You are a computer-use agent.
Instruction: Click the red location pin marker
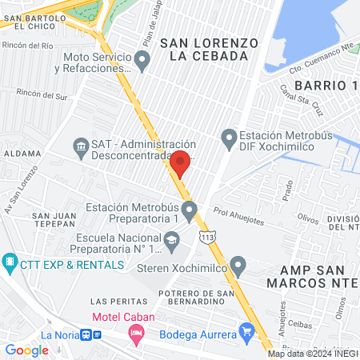pos(180,162)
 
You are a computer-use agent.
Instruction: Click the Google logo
pos(26,350)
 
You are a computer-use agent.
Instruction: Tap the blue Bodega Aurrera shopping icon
pos(246,331)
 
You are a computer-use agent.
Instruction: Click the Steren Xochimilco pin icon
pos(238,265)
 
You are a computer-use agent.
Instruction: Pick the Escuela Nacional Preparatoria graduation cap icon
pos(171,239)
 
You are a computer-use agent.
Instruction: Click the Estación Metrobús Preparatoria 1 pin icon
pos(190,212)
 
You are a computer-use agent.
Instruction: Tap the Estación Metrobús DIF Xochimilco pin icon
pos(230,138)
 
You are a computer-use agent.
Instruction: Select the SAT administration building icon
pos(80,145)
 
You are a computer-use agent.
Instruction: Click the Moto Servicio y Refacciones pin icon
pos(142,59)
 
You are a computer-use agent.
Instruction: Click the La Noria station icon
pos(85,334)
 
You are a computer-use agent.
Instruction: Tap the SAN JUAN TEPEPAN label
pos(54,222)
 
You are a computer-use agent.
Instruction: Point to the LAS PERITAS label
pos(119,302)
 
